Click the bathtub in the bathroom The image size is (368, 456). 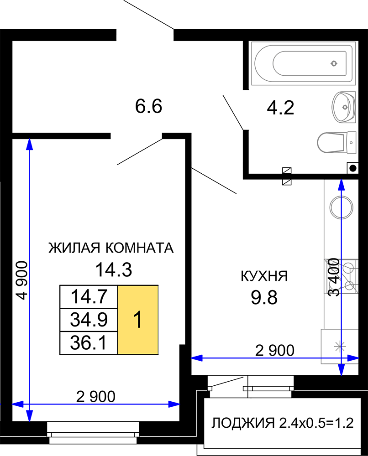tap(303, 63)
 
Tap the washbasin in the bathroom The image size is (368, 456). tap(343, 107)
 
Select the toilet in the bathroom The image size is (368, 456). tap(336, 142)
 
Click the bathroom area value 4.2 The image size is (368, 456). tap(280, 108)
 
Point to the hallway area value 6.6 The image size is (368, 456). tap(148, 106)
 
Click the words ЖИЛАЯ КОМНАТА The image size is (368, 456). tap(111, 248)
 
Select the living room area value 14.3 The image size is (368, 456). tap(114, 269)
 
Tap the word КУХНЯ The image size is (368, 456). tap(264, 276)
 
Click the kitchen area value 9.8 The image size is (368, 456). tap(264, 297)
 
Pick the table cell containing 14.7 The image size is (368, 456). tap(89, 297)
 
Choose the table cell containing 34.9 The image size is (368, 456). tap(89, 320)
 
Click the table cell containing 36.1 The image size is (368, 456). tap(89, 343)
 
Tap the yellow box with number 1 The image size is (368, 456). tap(138, 320)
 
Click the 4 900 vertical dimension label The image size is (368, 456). tap(22, 280)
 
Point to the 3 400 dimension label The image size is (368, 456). tap(334, 277)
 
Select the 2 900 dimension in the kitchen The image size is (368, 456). tap(275, 350)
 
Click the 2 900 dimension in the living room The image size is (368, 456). tap(96, 396)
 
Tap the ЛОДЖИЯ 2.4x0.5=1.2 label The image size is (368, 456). tap(283, 423)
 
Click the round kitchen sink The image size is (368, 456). tap(341, 207)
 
